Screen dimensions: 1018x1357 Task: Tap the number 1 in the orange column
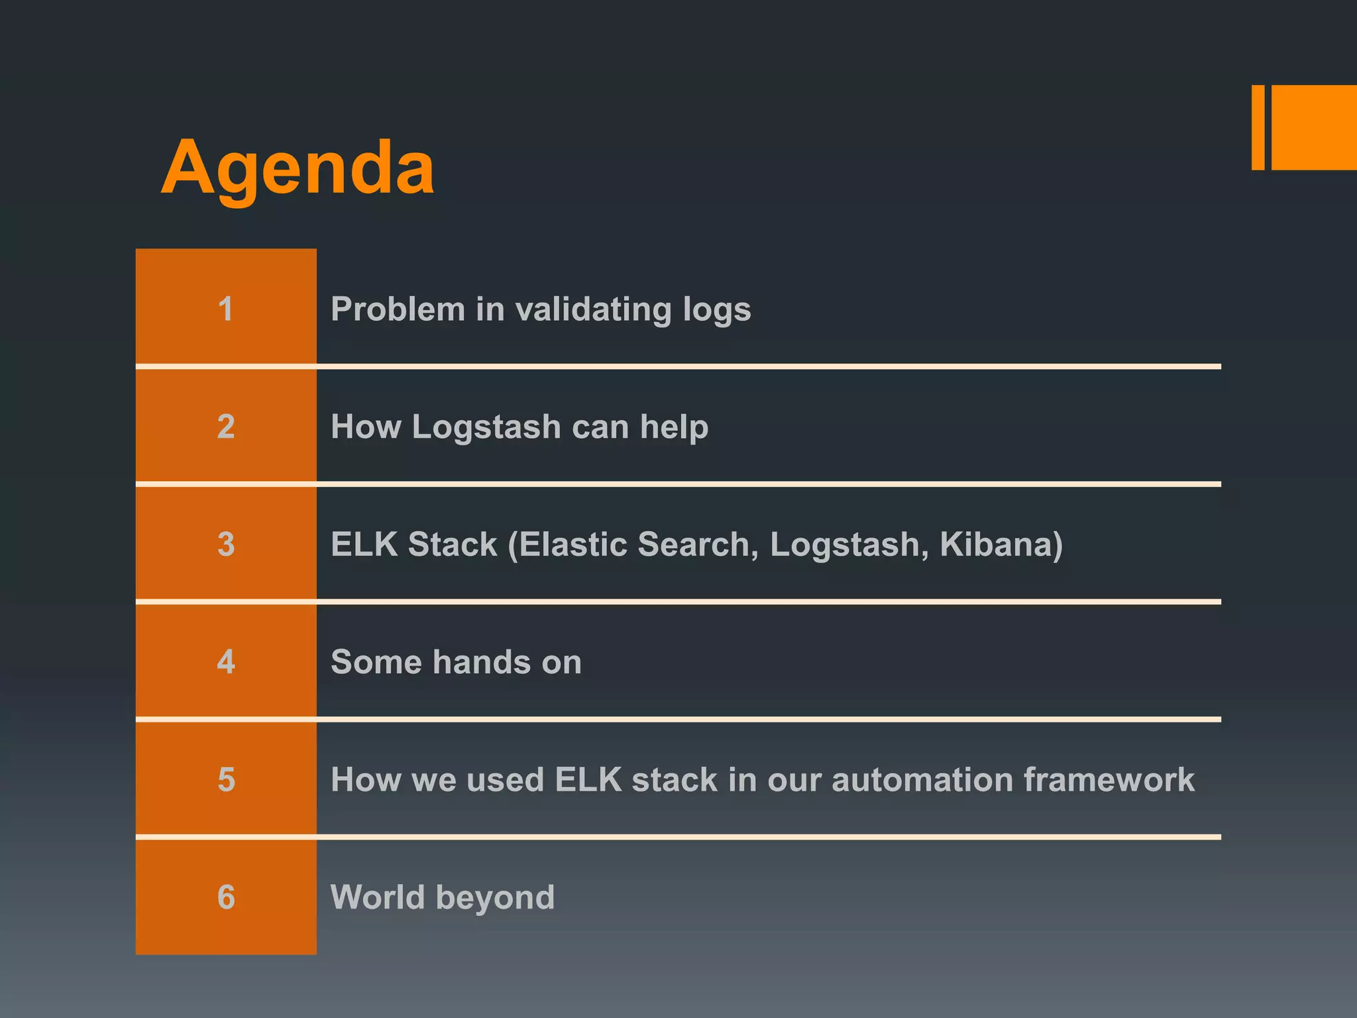tap(226, 309)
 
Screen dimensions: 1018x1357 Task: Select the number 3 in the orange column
tap(226, 544)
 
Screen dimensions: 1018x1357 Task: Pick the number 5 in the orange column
tap(226, 779)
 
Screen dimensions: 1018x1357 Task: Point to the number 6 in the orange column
tap(226, 897)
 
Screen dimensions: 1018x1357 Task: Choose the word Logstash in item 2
tap(486, 427)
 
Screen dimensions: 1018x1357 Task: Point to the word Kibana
tap(1001, 544)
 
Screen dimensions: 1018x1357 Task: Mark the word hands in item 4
tap(482, 661)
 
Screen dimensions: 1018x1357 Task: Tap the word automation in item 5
tap(922, 779)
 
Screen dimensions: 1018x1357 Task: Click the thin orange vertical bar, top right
tap(1258, 127)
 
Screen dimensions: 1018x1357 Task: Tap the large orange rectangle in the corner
tap(1314, 127)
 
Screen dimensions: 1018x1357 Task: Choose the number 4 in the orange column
tap(226, 661)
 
